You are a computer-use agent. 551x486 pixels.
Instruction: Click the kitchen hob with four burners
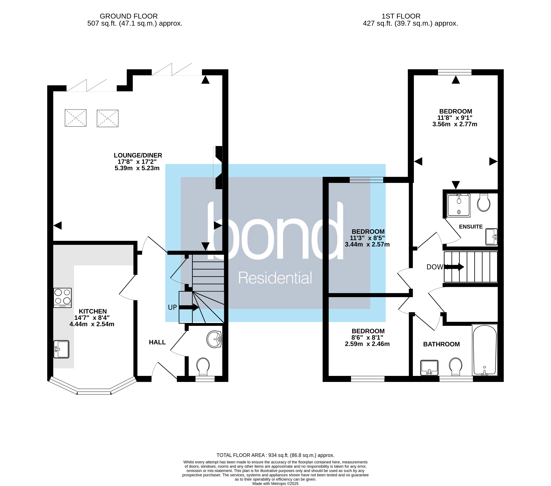point(63,297)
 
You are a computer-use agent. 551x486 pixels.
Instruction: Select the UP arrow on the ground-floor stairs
point(189,307)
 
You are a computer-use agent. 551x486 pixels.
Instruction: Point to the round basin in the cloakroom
point(214,339)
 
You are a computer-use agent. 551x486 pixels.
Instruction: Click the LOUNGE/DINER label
point(138,155)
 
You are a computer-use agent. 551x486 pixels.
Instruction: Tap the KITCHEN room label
point(93,311)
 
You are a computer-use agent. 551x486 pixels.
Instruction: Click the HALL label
point(157,342)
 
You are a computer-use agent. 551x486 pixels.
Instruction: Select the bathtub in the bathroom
point(484,350)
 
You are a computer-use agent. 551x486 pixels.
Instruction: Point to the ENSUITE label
point(471,227)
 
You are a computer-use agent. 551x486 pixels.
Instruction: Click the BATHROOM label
point(441,344)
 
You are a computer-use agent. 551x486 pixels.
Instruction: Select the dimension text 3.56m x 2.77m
point(455,124)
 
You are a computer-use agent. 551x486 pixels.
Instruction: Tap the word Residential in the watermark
point(275,278)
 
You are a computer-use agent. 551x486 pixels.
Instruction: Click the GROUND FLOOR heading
point(129,16)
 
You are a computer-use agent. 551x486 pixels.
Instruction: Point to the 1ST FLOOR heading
point(401,16)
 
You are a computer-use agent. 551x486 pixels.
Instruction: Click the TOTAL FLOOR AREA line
point(275,455)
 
